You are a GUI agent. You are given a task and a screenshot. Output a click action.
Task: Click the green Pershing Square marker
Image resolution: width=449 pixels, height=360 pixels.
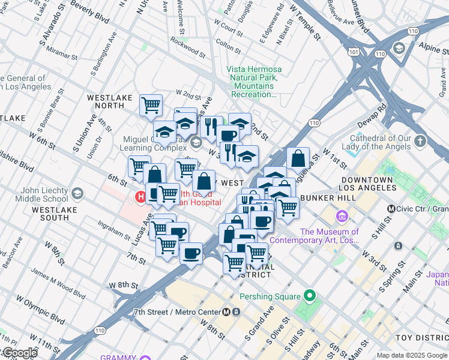click(x=310, y=296)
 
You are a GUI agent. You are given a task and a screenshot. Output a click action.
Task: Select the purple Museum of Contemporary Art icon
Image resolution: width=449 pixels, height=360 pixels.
click(x=342, y=215)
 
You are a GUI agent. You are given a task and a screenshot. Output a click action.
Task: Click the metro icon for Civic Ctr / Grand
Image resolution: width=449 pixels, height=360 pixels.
click(x=391, y=209)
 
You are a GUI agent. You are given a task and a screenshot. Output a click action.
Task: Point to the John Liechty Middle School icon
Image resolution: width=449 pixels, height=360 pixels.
click(x=77, y=193)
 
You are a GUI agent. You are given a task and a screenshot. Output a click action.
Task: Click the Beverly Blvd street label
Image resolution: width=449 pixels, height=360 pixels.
click(x=90, y=11)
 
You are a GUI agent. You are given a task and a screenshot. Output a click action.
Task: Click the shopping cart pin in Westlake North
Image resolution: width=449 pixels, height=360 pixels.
click(x=151, y=105)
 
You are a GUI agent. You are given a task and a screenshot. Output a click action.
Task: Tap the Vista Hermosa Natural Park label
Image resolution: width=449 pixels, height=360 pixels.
click(x=255, y=82)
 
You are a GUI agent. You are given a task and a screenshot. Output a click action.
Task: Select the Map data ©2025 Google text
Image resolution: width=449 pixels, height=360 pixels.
click(x=411, y=355)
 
